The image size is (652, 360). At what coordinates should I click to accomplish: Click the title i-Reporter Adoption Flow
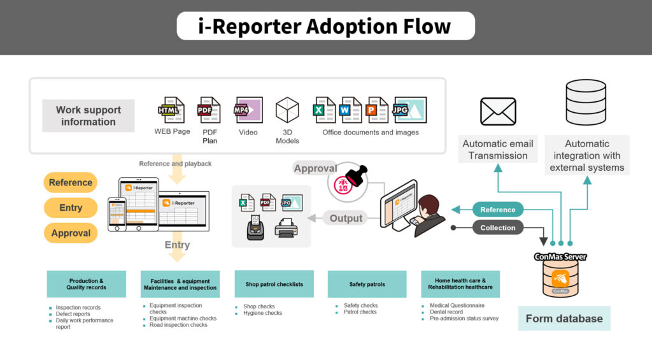coord(325,26)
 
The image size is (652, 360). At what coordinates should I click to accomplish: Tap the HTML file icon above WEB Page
coord(171,110)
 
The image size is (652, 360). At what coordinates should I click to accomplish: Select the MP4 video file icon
coord(248,110)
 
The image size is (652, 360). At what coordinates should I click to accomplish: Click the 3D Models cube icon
coord(287,110)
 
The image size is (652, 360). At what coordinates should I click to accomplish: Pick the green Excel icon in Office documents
coord(325,110)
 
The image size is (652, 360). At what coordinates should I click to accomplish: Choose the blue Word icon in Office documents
coord(351,110)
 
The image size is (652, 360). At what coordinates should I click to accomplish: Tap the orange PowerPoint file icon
coord(377,110)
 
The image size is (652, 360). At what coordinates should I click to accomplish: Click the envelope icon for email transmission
coord(498,112)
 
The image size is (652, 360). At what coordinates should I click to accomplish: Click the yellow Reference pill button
coord(71,182)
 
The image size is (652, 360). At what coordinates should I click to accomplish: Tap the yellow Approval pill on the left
coord(71,233)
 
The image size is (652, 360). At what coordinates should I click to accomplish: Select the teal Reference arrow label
coord(497,210)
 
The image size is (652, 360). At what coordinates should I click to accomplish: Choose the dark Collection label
coord(497,227)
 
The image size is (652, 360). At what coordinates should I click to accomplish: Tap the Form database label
coord(564,319)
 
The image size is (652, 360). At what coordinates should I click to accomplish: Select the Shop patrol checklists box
coord(274,284)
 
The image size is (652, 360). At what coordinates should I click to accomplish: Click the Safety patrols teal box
coord(367,284)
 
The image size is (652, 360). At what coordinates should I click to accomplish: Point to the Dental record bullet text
coord(446,312)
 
